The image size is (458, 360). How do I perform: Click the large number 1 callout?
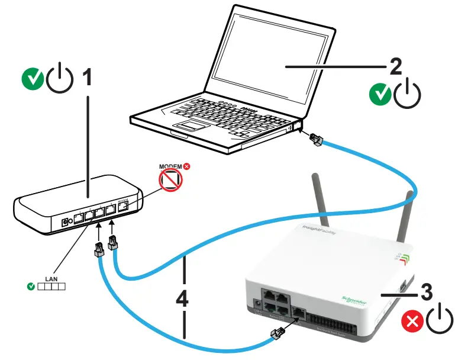click(x=87, y=77)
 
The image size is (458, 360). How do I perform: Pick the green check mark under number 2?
click(x=379, y=94)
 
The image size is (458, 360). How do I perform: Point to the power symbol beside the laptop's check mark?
click(x=407, y=94)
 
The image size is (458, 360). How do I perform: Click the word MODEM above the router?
click(x=170, y=167)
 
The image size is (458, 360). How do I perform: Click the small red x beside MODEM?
click(x=187, y=167)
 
